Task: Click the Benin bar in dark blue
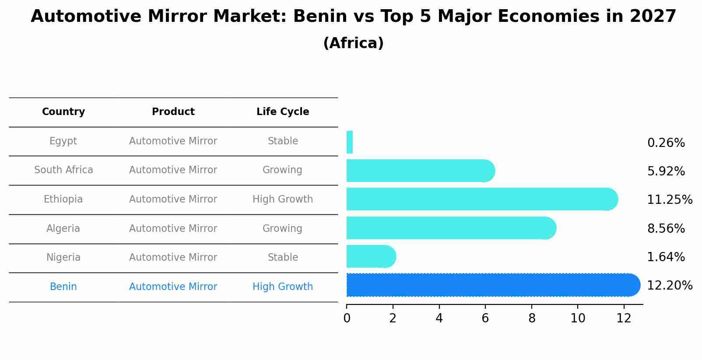pyautogui.click(x=492, y=285)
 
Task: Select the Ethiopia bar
pyautogui.click(x=481, y=199)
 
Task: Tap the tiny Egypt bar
pyautogui.click(x=350, y=142)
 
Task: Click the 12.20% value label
pyautogui.click(x=669, y=286)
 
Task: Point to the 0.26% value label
pyautogui.click(x=666, y=143)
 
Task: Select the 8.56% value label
pyautogui.click(x=666, y=228)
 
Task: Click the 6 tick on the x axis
pyautogui.click(x=485, y=318)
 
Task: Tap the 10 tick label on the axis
pyautogui.click(x=578, y=318)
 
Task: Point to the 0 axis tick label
pyautogui.click(x=347, y=318)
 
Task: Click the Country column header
pyautogui.click(x=63, y=112)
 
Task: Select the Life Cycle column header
pyautogui.click(x=283, y=112)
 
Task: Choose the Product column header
pyautogui.click(x=173, y=112)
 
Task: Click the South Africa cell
pyautogui.click(x=63, y=170)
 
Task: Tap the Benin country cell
pyautogui.click(x=63, y=287)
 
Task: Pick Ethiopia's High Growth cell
pyautogui.click(x=283, y=199)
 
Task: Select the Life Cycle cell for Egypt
pyautogui.click(x=283, y=141)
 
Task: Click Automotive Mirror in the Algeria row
pyautogui.click(x=173, y=229)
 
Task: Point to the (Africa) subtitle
pyautogui.click(x=353, y=43)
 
